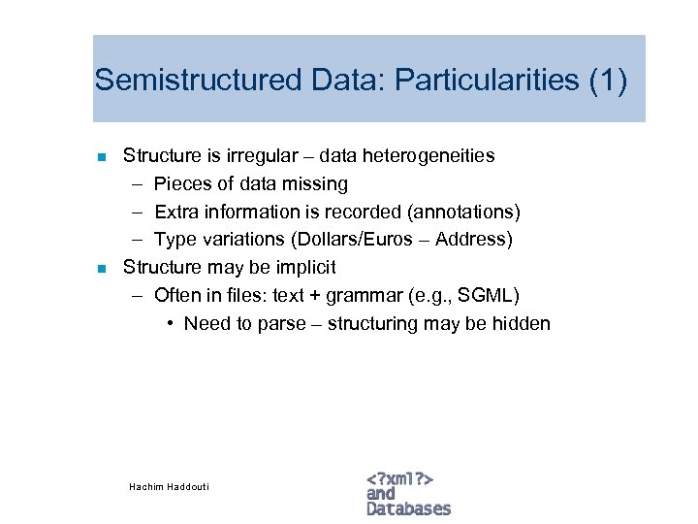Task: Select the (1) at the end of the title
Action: point(608,80)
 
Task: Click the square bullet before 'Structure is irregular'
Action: point(100,156)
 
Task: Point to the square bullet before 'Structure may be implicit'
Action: point(100,268)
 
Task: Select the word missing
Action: point(314,183)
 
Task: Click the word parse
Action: point(282,323)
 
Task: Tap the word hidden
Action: point(522,323)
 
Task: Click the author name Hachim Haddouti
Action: point(169,486)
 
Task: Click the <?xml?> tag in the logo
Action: point(399,478)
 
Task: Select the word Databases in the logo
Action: point(409,508)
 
